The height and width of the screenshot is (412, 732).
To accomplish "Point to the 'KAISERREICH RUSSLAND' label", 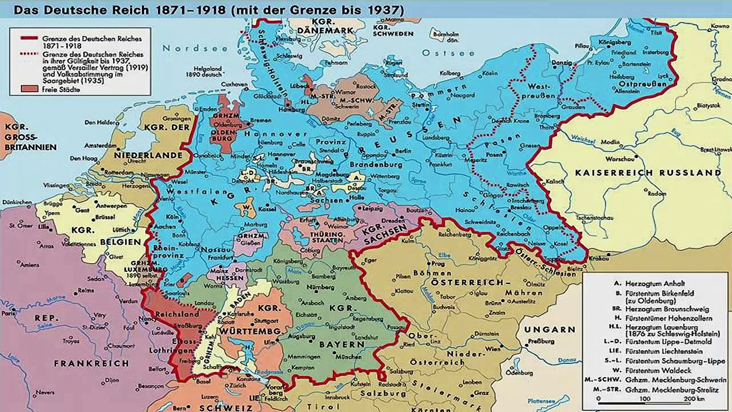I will pos(647,172).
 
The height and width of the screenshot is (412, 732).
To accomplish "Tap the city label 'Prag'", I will pos(438,264).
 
